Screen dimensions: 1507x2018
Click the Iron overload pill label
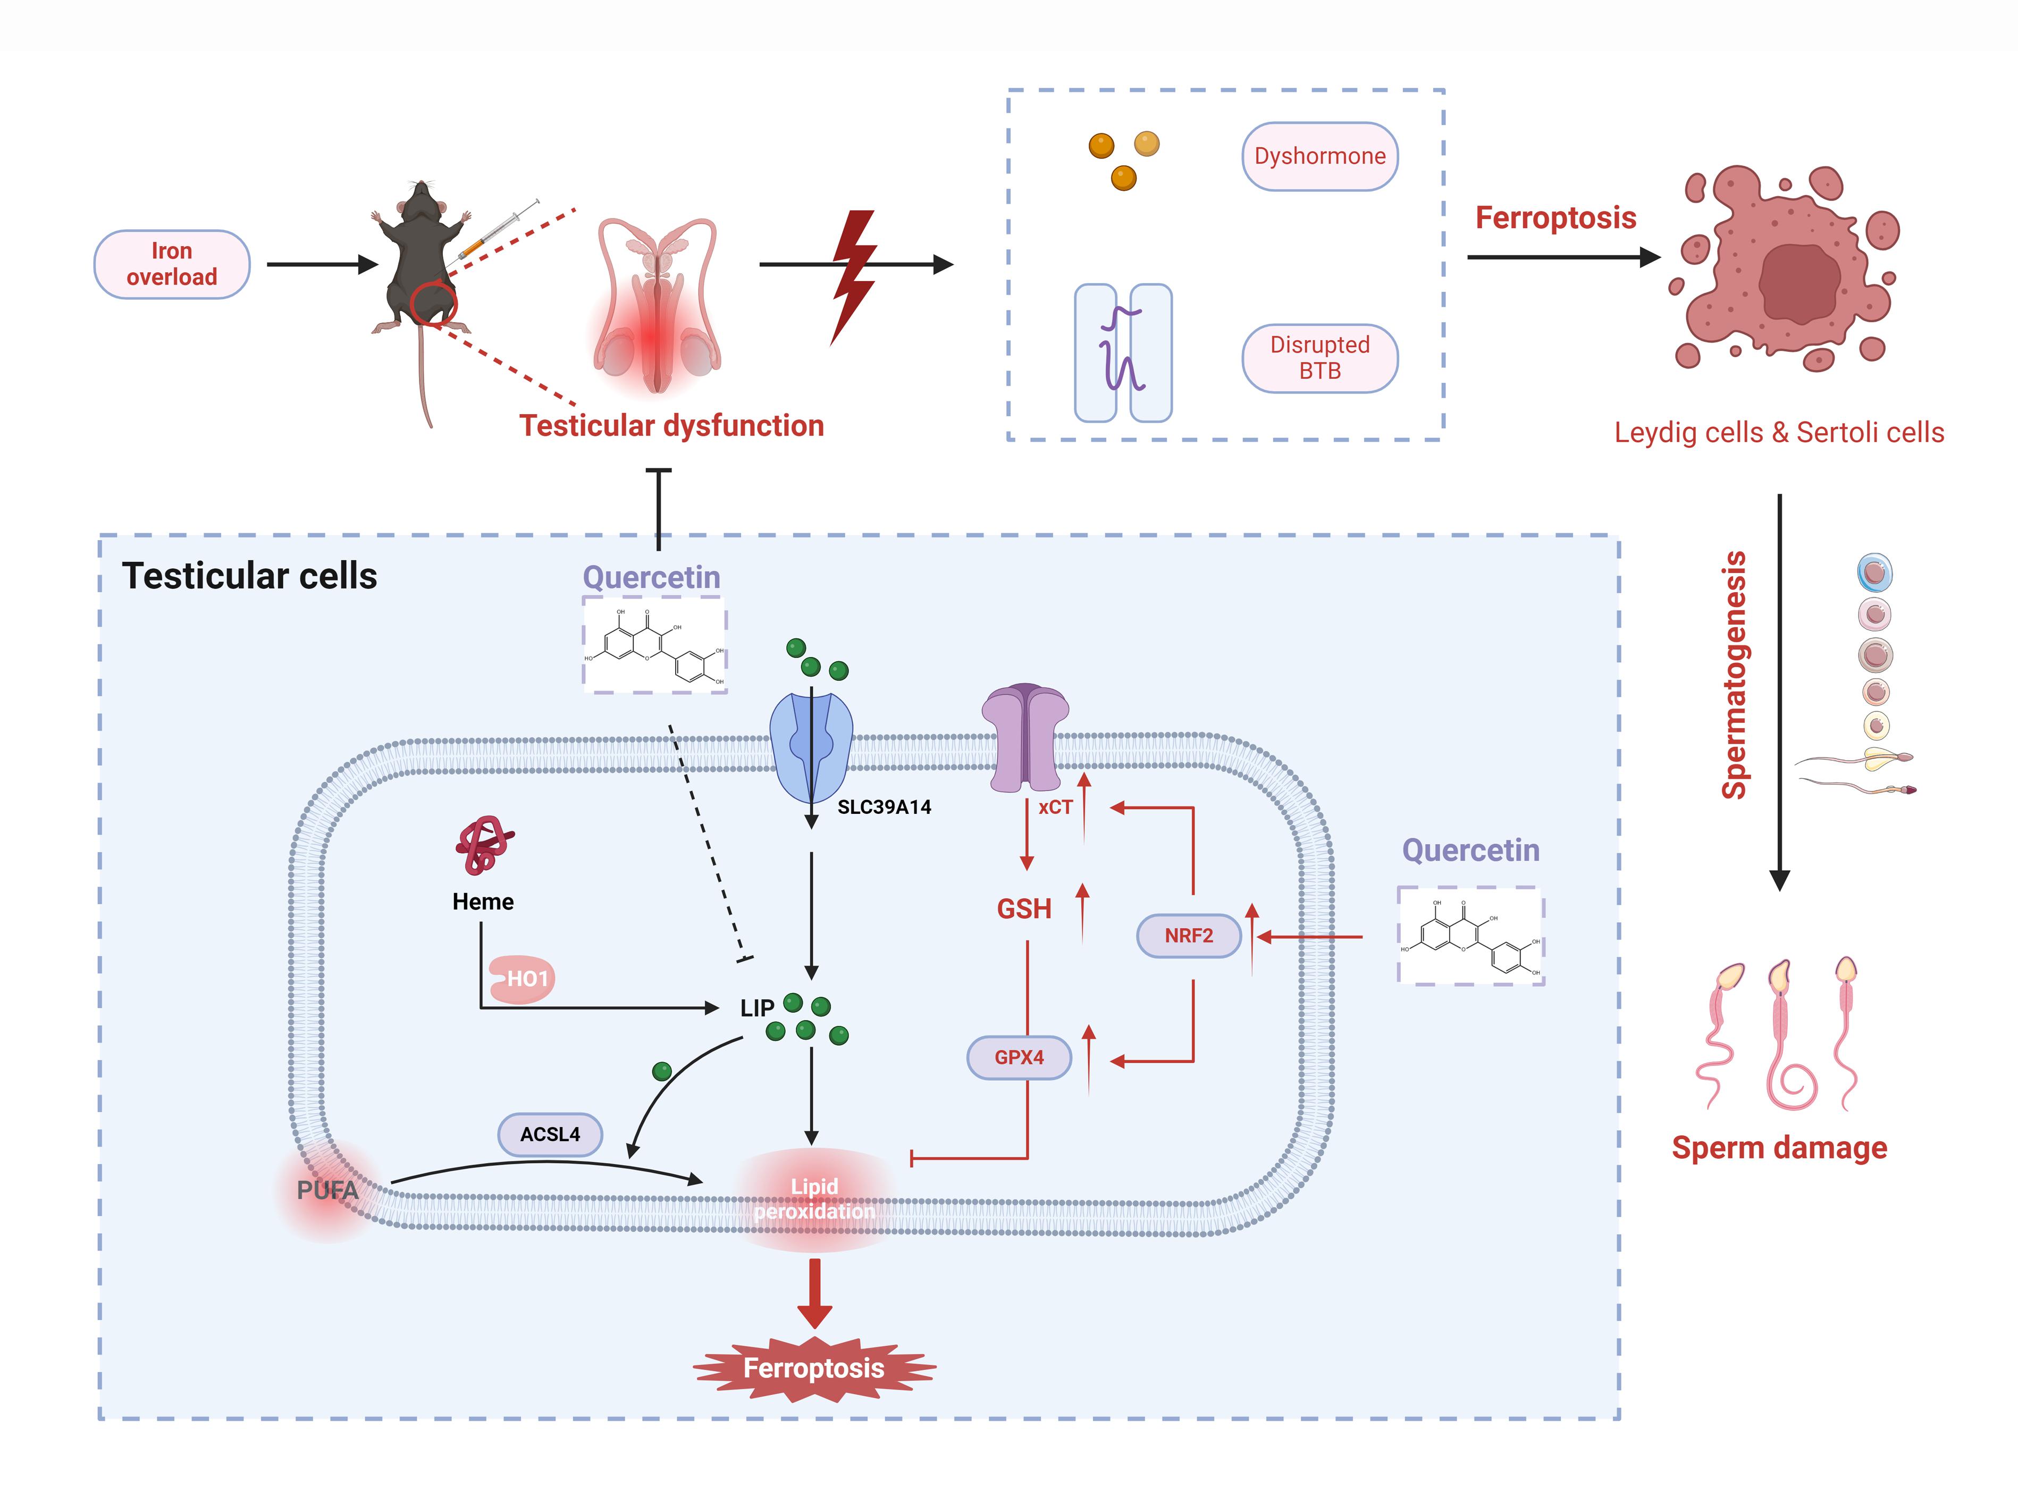(x=172, y=265)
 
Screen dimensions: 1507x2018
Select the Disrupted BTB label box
(x=1319, y=358)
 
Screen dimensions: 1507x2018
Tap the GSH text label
(x=1023, y=910)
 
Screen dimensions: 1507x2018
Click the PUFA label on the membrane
(x=326, y=1191)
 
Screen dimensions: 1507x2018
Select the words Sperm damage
(x=1779, y=1148)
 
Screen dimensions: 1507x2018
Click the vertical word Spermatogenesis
(x=1734, y=675)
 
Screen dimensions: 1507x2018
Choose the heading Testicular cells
(x=249, y=577)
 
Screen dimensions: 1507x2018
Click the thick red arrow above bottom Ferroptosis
(x=814, y=1293)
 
